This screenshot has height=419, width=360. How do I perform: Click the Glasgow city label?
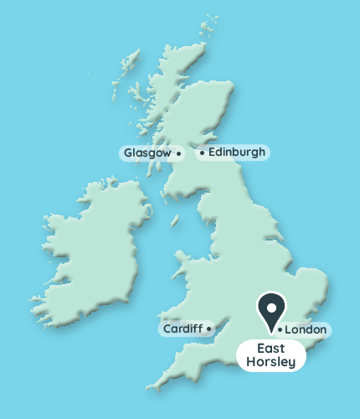(x=147, y=153)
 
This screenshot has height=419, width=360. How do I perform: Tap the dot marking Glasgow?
(x=179, y=154)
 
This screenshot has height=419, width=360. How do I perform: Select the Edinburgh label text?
(x=237, y=153)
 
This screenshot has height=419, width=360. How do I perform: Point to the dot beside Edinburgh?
(x=202, y=153)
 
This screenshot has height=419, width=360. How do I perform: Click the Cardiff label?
(x=181, y=329)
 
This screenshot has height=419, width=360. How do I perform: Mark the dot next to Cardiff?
(x=208, y=329)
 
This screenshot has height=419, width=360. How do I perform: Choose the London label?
(x=306, y=330)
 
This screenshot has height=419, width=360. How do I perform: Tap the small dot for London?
(x=279, y=330)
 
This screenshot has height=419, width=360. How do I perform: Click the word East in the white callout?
(x=270, y=349)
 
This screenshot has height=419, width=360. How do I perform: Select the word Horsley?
(x=270, y=362)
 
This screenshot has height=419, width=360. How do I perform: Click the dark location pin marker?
(x=270, y=309)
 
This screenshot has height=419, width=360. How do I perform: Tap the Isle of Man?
(x=175, y=220)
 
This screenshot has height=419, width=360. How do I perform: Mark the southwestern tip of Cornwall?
(x=150, y=388)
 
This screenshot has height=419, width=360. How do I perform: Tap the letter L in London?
(x=289, y=330)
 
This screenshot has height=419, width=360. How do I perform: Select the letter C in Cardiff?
(x=166, y=329)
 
